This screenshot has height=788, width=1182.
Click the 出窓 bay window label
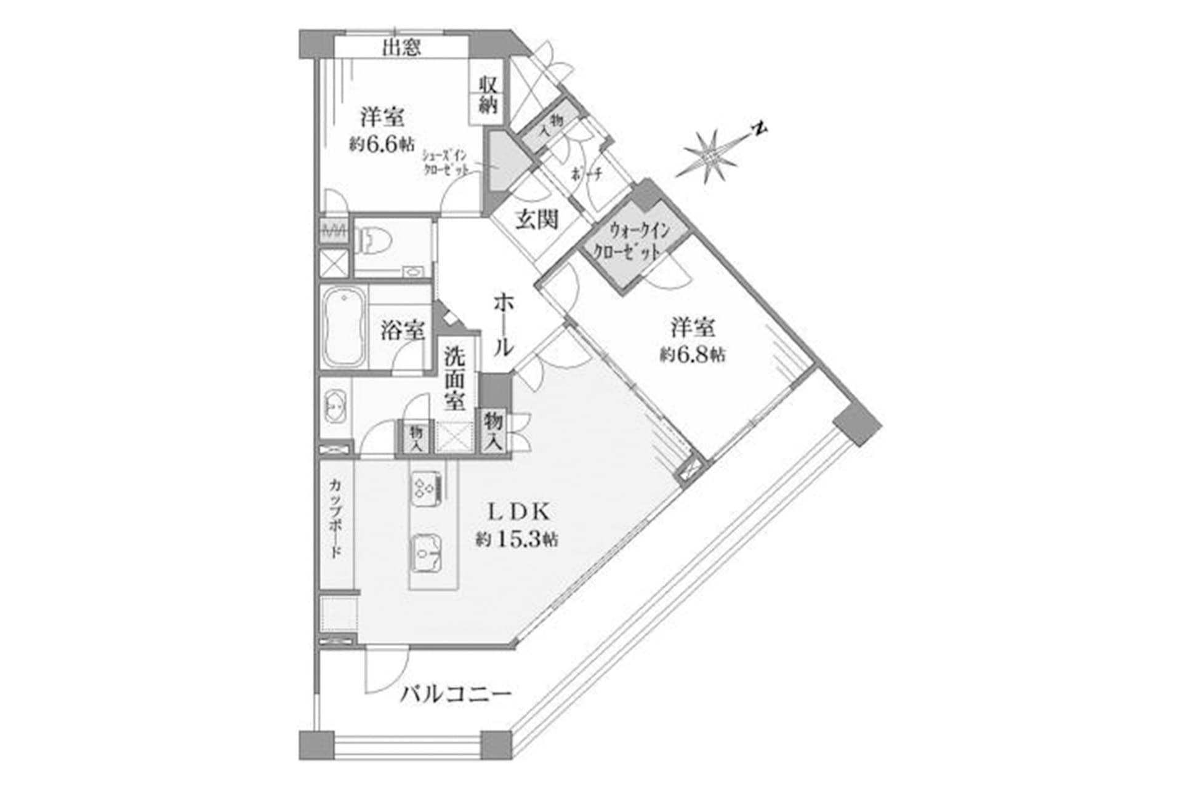coord(401,47)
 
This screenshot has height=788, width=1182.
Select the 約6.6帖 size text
coord(382,145)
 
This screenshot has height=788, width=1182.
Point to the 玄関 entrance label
coord(537,220)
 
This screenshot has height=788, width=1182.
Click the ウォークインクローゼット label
coord(637,242)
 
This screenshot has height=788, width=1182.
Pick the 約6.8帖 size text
coord(693,355)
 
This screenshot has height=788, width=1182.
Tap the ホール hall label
coord(503,324)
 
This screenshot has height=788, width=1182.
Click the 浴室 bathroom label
coord(402,331)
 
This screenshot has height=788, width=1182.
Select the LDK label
coord(517,512)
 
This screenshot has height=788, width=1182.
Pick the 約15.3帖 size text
coord(517,541)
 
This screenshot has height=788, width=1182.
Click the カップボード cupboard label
coord(336,518)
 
